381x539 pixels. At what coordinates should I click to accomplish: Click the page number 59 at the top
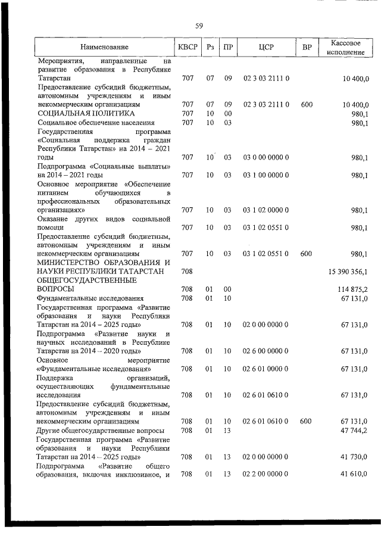click(x=199, y=25)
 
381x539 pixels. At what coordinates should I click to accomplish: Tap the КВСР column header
click(x=187, y=47)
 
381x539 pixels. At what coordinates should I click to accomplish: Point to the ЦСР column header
click(x=266, y=47)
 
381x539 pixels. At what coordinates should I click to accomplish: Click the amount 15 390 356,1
click(x=348, y=271)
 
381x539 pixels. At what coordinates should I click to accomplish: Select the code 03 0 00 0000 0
click(x=266, y=157)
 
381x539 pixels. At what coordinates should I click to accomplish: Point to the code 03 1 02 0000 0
click(x=266, y=210)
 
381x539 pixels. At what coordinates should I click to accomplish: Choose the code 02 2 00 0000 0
click(x=266, y=473)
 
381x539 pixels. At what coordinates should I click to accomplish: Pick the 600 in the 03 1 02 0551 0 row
click(x=306, y=254)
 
